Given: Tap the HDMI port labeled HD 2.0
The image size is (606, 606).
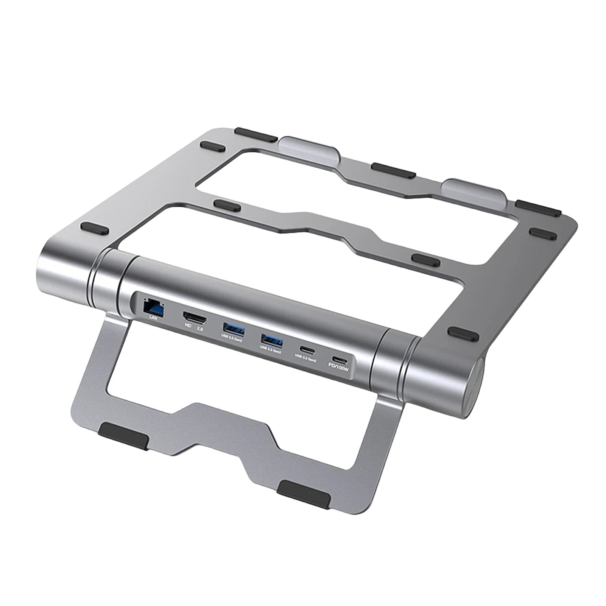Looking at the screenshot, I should click(x=195, y=317).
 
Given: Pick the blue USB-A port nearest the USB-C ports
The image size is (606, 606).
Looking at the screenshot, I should click(x=271, y=341).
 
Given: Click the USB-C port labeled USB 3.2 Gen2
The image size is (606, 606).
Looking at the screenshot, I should click(x=306, y=349).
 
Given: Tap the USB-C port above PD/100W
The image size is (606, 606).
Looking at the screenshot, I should click(x=340, y=359).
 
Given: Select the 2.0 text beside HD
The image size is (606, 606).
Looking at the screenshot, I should click(x=199, y=329).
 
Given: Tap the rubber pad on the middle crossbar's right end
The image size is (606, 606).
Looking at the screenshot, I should click(x=426, y=260).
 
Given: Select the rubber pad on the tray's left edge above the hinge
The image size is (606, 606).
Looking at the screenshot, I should click(x=95, y=229).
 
